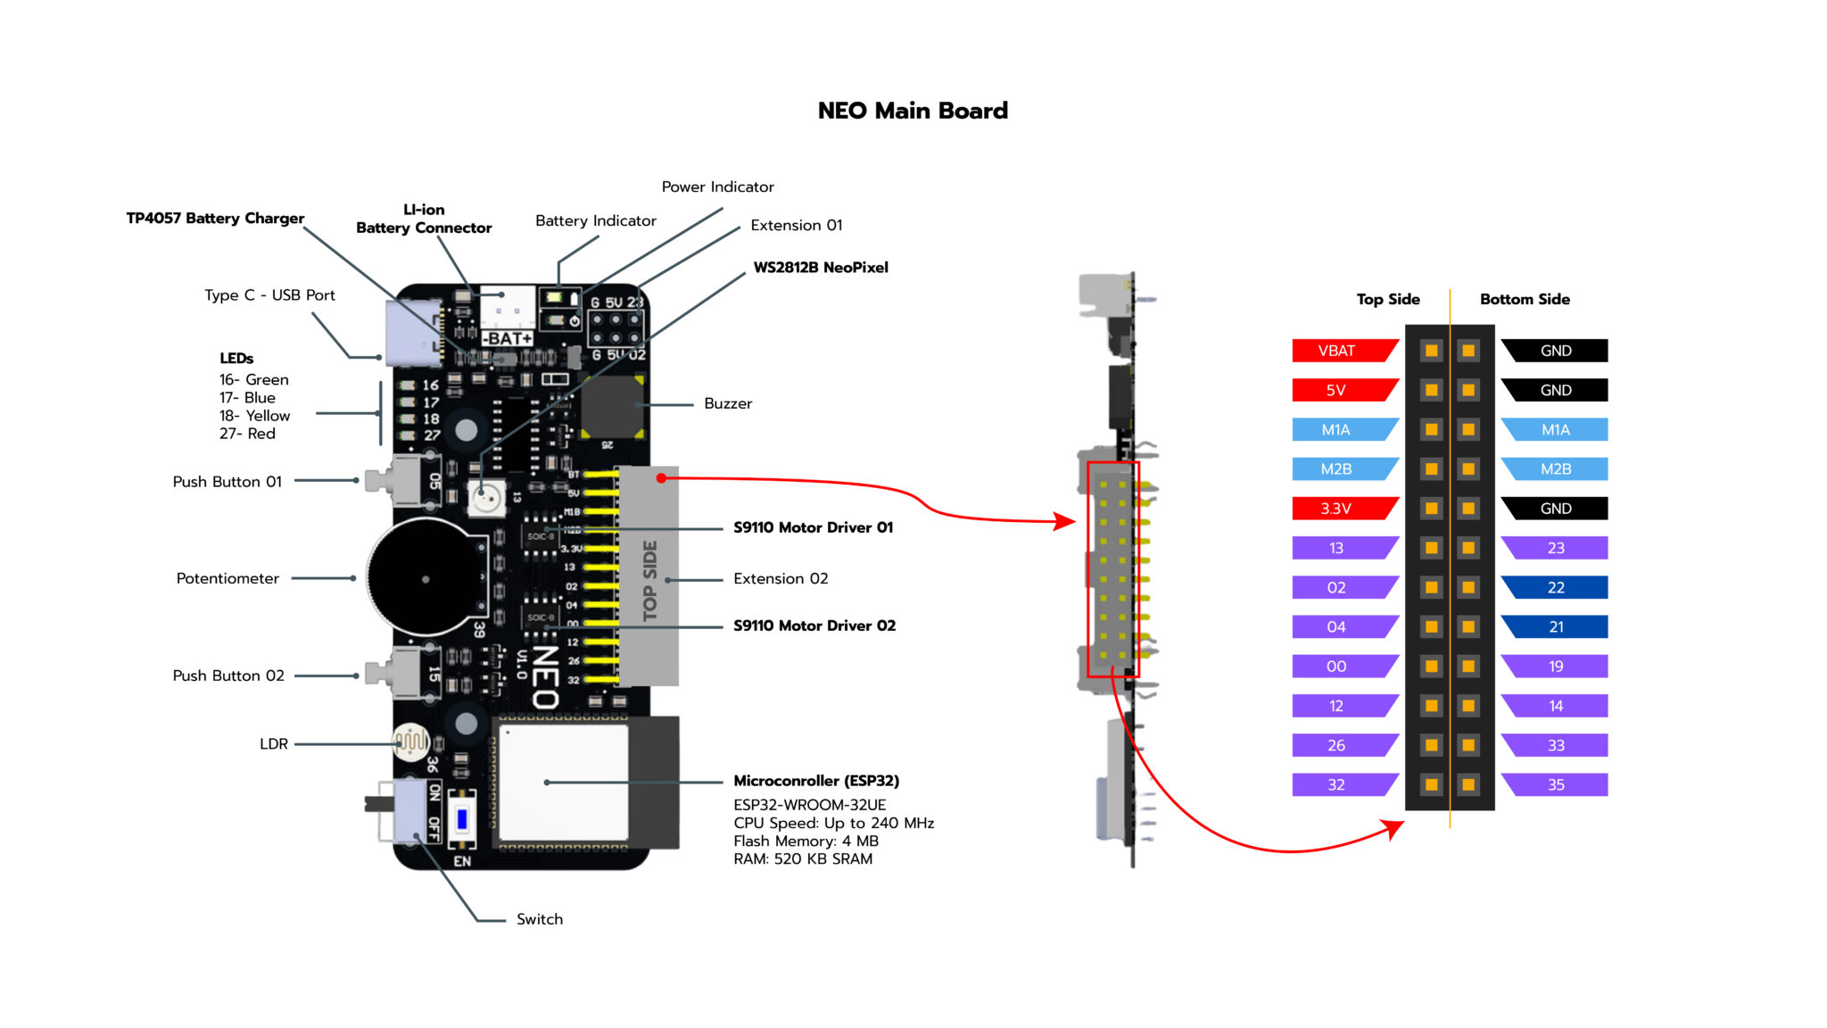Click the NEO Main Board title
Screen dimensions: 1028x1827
(913, 111)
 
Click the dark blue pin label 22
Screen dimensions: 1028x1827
(1556, 587)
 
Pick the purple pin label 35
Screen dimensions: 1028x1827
(1556, 784)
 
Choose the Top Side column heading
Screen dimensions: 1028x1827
(1388, 299)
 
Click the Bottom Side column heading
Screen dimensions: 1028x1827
(1525, 299)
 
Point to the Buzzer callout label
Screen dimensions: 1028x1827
(728, 403)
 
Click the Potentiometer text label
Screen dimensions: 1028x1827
(227, 578)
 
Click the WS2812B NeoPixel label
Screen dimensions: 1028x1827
(821, 267)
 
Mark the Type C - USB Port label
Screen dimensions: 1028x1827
(269, 295)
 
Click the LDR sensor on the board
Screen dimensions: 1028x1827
(410, 741)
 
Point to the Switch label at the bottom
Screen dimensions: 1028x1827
(540, 919)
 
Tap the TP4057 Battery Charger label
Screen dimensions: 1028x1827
(215, 219)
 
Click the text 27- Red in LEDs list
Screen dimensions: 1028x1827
(247, 434)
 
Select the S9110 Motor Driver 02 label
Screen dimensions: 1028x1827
(814, 626)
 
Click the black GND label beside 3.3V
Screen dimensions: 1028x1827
(1556, 509)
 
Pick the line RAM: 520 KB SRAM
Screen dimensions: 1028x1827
(803, 858)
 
